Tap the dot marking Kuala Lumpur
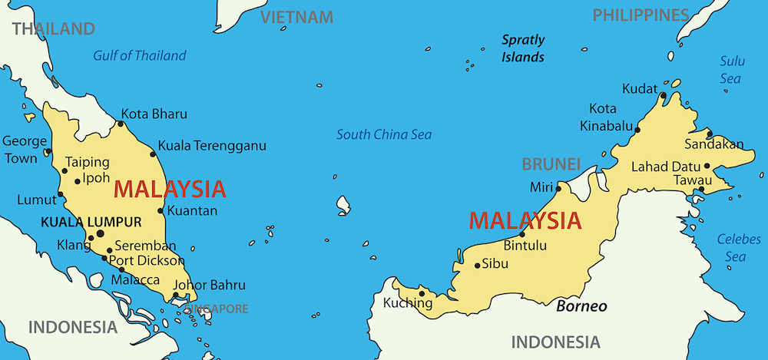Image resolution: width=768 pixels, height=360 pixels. tap(100, 233)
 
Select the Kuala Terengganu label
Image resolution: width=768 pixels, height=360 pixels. tap(212, 145)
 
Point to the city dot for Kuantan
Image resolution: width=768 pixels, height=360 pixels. tap(160, 210)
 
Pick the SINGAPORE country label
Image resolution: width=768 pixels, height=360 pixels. tap(217, 309)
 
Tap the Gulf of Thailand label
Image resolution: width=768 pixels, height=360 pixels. tap(140, 55)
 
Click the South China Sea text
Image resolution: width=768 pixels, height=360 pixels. tap(384, 134)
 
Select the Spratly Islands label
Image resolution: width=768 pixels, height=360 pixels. tap(523, 48)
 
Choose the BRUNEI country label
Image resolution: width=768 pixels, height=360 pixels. tap(551, 163)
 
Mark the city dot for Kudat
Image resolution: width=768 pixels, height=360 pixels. tap(663, 95)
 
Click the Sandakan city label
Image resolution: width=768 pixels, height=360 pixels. tap(714, 144)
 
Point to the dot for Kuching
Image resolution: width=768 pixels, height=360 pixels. tap(422, 292)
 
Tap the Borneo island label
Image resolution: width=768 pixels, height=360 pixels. tap(581, 306)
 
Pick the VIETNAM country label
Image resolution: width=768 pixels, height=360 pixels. tap(296, 17)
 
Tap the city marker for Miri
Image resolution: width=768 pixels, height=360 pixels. tap(558, 187)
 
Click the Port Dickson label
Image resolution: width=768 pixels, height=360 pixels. tap(147, 260)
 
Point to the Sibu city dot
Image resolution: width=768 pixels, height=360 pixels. tap(477, 266)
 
